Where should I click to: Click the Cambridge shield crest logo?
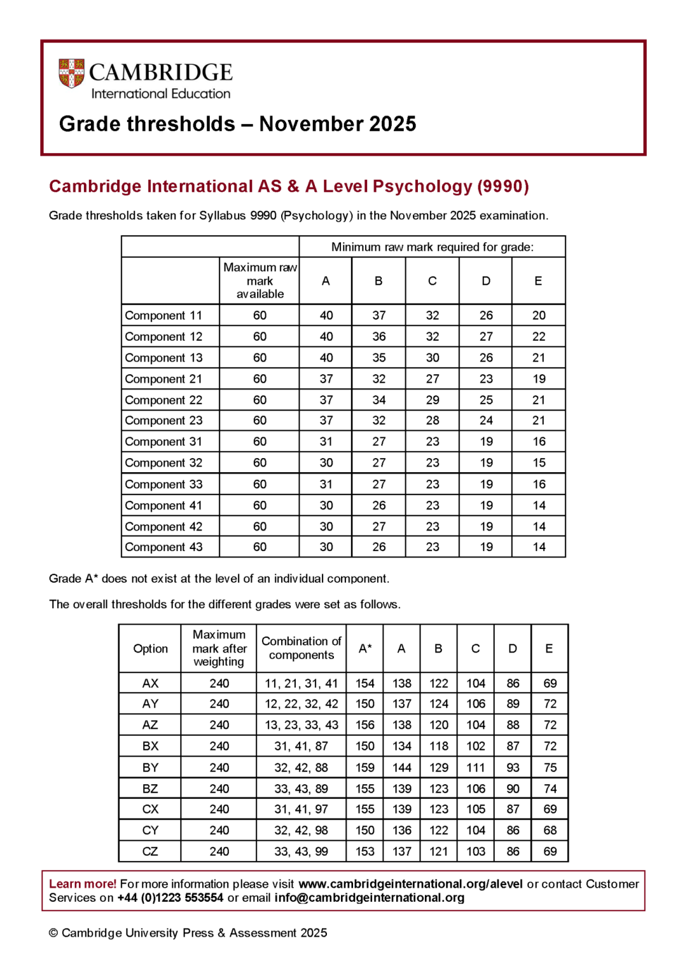(x=71, y=73)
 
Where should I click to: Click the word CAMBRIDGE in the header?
(x=160, y=72)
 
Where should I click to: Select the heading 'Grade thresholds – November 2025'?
(x=237, y=123)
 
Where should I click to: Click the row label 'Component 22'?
(x=163, y=400)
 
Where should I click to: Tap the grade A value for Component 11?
(x=326, y=315)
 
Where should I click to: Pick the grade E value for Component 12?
(x=538, y=336)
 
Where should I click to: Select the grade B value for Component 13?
(x=378, y=358)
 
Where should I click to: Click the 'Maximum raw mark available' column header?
(x=260, y=281)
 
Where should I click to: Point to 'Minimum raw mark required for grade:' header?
(x=432, y=247)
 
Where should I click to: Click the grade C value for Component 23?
(x=432, y=420)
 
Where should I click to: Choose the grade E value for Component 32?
(x=538, y=463)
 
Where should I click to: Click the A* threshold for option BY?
(x=364, y=767)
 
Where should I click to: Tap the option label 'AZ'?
(x=150, y=724)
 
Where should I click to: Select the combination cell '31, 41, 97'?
(x=301, y=809)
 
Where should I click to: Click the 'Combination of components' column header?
(x=301, y=648)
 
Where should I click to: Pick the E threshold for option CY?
(x=550, y=830)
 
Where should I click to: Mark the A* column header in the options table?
(x=364, y=648)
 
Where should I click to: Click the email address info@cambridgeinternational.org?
(x=369, y=897)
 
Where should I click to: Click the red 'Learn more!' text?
(x=82, y=884)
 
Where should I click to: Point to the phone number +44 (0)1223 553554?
(x=170, y=897)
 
